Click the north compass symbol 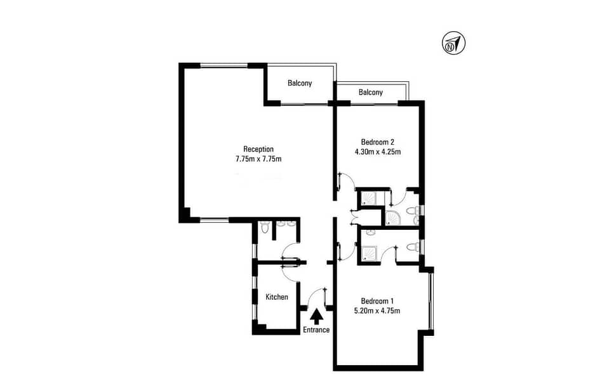(453, 43)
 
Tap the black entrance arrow (316, 316)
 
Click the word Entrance (316, 330)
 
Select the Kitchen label (277, 297)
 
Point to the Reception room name (258, 149)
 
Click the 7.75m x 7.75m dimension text (258, 159)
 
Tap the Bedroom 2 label (378, 142)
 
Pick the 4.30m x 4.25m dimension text (378, 152)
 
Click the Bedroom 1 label (377, 302)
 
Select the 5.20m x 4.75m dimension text (377, 311)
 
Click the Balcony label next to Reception (300, 83)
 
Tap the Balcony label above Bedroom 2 (371, 92)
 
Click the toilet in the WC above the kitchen (265, 227)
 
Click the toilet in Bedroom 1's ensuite (412, 248)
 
